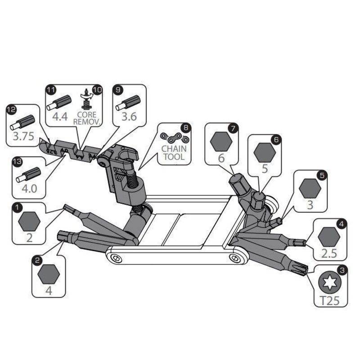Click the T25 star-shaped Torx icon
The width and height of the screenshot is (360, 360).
coord(330,283)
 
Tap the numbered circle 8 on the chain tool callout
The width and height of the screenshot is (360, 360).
coord(186,128)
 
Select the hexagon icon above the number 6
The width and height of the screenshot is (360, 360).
coord(221,141)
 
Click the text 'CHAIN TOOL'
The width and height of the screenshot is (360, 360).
coord(174,153)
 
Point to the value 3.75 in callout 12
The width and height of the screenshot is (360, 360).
coord(23,136)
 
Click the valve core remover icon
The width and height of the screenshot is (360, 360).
coord(86,99)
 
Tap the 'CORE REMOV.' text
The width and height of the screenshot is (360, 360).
coord(87,118)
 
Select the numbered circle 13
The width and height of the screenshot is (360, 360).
coord(17,162)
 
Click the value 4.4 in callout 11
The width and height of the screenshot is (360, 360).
coord(60,117)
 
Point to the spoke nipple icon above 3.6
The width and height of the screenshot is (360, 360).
coord(128,103)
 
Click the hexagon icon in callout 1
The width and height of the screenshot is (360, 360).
coord(29,221)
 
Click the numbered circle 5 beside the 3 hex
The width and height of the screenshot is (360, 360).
coord(322,175)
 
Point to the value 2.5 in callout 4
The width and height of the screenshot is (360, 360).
coord(329,253)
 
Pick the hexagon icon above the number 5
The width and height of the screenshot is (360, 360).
coord(265,152)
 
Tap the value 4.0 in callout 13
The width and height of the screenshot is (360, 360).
coord(29,189)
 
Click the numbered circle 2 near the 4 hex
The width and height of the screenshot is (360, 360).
coord(37,261)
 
